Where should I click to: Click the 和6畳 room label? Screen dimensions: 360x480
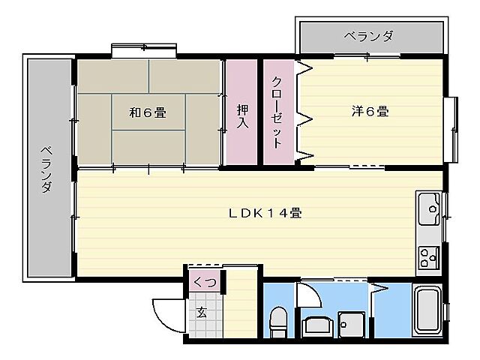coord(147,113)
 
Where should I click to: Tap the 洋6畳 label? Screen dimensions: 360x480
coord(370,112)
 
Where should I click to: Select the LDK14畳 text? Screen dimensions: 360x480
coord(265,213)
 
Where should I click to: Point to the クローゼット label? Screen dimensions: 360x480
coord(277,112)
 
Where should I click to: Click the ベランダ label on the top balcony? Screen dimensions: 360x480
coord(369,35)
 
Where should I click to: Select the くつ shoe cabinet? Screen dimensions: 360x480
coord(204,282)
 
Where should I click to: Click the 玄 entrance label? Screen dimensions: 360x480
coord(202,313)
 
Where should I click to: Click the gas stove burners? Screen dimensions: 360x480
coord(430,257)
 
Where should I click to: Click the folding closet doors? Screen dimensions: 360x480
coord(305,112)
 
